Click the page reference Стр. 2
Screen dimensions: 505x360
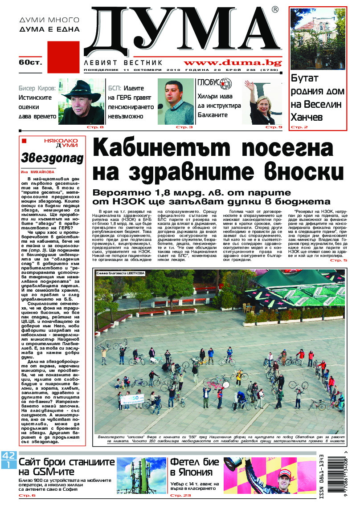[x=299, y=127]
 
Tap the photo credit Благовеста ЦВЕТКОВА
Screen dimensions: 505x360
[x=120, y=273]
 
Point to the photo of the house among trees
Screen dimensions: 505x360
[x=317, y=39]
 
